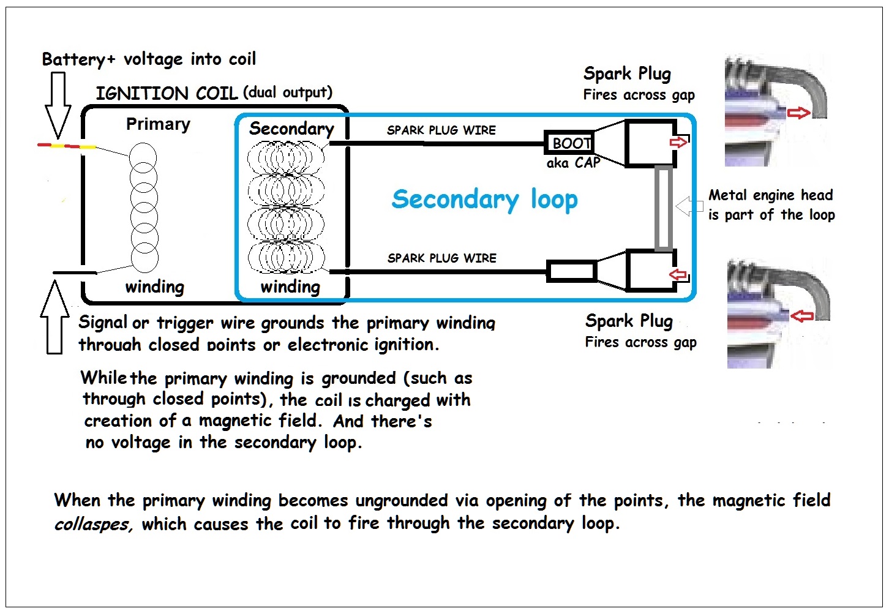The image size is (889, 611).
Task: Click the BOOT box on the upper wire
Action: point(570,143)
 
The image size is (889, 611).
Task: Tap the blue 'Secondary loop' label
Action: point(484,200)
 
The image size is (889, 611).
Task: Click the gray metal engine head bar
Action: point(664,208)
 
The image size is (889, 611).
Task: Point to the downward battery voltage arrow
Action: point(58,104)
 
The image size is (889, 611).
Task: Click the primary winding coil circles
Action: point(144,208)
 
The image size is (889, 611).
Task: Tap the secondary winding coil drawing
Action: point(286,207)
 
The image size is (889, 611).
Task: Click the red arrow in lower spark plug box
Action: point(678,274)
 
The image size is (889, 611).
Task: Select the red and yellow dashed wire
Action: point(66,146)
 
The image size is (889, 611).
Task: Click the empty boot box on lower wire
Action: point(571,271)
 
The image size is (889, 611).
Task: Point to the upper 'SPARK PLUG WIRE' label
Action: point(441,130)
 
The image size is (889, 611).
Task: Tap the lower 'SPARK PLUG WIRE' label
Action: point(441,258)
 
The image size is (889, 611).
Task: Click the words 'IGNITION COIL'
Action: point(167,94)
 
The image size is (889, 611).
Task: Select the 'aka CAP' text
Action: point(573,163)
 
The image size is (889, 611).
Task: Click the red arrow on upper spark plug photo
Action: point(798,113)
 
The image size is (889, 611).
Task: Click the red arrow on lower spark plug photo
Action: point(802,316)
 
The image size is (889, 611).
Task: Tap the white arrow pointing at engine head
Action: point(689,206)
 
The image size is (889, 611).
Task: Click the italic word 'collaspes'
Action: point(92,525)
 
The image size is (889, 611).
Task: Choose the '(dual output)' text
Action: point(288,92)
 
